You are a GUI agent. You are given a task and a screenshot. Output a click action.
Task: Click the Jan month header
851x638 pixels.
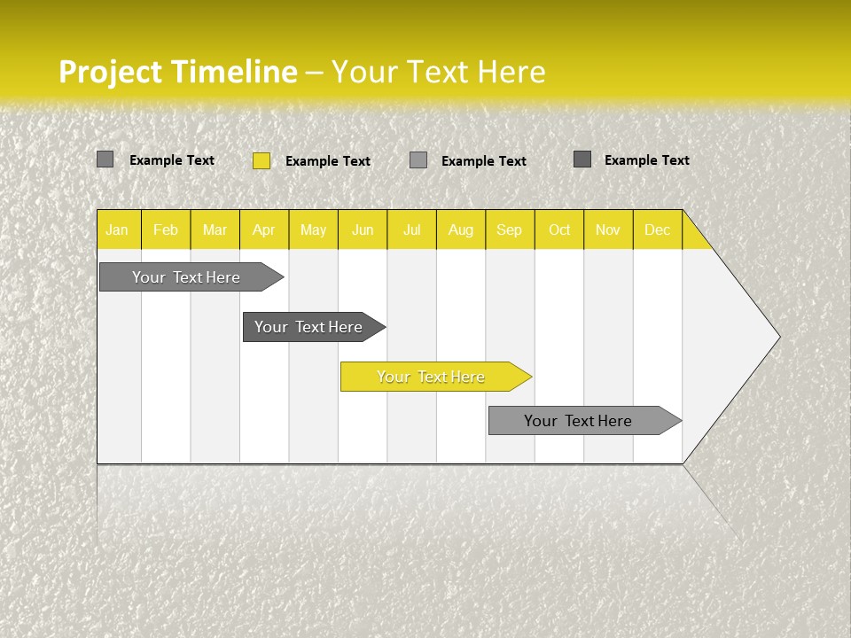(117, 230)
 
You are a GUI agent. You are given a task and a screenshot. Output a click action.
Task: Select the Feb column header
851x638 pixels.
(166, 230)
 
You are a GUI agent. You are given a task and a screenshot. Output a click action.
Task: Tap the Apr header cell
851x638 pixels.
(264, 230)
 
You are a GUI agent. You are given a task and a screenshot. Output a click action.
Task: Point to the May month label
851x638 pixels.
(313, 230)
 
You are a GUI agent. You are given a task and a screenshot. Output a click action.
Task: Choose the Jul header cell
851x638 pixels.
(411, 230)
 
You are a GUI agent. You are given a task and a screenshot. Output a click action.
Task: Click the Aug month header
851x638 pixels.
(461, 230)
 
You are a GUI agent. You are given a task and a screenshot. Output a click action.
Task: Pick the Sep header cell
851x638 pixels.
(510, 230)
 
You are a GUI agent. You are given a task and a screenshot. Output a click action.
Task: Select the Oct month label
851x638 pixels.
(559, 230)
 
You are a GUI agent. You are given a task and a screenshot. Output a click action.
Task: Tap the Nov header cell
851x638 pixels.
(608, 230)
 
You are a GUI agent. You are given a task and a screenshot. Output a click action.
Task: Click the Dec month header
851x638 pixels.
(658, 230)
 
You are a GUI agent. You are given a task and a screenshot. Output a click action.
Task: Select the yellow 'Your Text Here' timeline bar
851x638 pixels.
(432, 377)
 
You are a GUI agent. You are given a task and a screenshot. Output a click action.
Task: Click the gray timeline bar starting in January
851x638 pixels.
(186, 277)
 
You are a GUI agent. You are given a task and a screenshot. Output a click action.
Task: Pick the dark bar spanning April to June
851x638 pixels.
(308, 327)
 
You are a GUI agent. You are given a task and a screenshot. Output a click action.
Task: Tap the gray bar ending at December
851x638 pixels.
(578, 421)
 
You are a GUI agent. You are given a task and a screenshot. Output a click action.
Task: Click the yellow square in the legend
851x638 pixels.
(262, 160)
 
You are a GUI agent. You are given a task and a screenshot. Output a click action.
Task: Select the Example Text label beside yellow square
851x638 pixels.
(328, 161)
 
